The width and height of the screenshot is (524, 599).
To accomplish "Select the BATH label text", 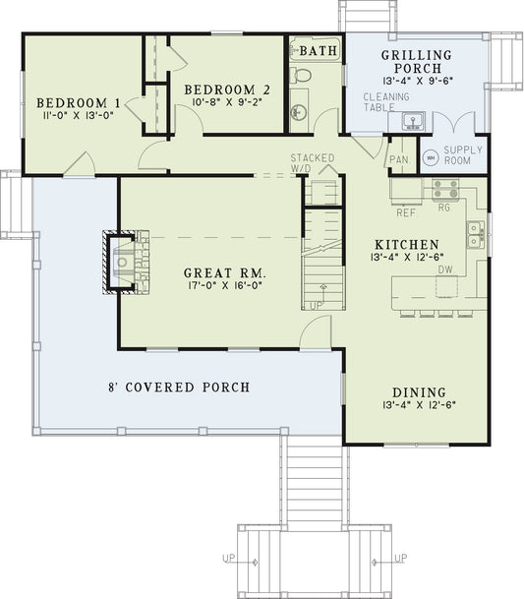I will (315, 50).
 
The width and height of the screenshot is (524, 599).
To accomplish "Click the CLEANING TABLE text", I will (379, 103).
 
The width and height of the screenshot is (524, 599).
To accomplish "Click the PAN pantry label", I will (398, 159).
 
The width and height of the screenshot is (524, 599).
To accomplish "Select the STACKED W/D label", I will (313, 163).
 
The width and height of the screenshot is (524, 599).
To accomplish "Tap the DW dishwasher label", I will (444, 269).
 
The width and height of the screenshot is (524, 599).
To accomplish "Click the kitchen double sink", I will (475, 233).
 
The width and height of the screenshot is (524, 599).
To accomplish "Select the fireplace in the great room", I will (125, 261).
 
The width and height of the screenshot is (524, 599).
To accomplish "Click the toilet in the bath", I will (303, 74).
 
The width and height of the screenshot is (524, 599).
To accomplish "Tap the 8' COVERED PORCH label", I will (183, 387).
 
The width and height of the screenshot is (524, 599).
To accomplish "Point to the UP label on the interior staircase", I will (316, 306).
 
